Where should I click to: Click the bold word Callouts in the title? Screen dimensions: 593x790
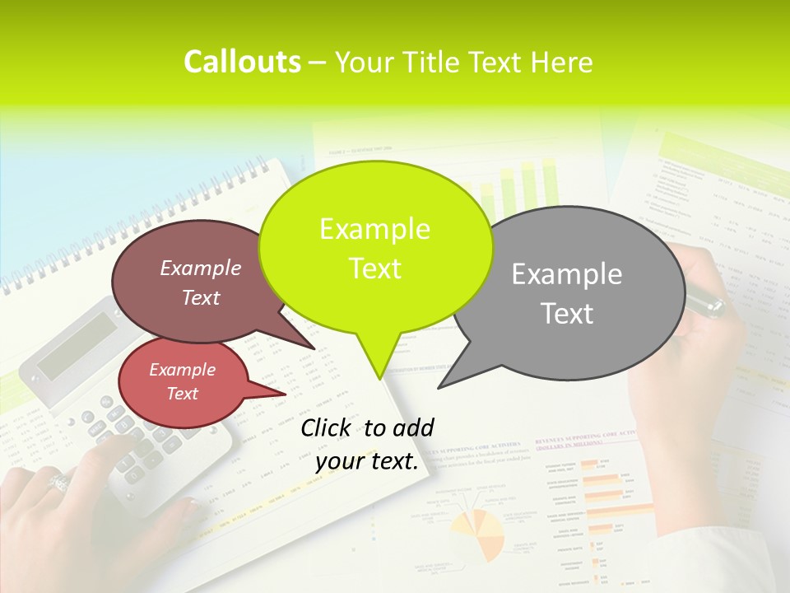point(242,62)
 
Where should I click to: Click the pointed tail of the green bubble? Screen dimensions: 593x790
point(379,371)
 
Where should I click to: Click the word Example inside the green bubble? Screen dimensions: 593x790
point(374,229)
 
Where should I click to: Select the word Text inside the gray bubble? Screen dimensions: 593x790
point(568,314)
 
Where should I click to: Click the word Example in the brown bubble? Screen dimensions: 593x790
point(200,268)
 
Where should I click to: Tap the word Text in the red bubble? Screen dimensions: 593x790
point(182,394)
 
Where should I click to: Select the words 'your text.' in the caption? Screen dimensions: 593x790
point(367,462)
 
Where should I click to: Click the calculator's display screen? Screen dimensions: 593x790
point(78,345)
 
